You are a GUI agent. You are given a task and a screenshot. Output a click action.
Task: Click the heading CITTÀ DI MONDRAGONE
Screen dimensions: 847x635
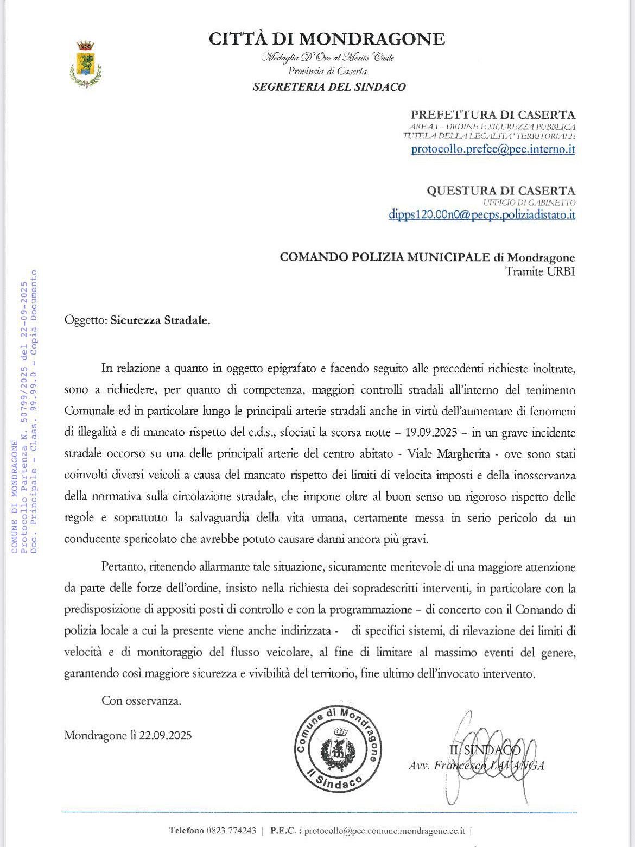coord(327,39)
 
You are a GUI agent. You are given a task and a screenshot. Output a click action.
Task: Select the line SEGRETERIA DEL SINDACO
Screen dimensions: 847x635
coord(329,86)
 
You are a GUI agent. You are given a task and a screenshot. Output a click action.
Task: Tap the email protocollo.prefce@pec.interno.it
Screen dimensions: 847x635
coord(493,149)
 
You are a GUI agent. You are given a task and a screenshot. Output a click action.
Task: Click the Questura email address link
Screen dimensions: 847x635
coord(481,214)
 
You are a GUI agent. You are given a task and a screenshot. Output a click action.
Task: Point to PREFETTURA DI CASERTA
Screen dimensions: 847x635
coord(493,115)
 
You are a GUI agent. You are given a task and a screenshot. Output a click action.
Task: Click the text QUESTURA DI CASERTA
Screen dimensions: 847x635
coord(500,191)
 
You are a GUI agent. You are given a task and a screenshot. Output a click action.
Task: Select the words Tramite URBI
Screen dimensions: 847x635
coord(540,271)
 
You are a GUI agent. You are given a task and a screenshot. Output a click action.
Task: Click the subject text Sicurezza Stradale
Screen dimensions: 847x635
coord(160,320)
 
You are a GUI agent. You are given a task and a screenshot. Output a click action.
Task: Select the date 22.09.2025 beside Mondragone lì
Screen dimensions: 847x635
coord(165,736)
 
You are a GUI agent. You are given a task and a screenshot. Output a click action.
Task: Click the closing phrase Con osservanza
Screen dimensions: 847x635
coord(141,700)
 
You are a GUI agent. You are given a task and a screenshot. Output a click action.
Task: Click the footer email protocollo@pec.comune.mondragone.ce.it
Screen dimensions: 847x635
coord(385,831)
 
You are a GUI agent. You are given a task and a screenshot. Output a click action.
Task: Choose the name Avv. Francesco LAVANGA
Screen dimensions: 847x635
coord(476,766)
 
